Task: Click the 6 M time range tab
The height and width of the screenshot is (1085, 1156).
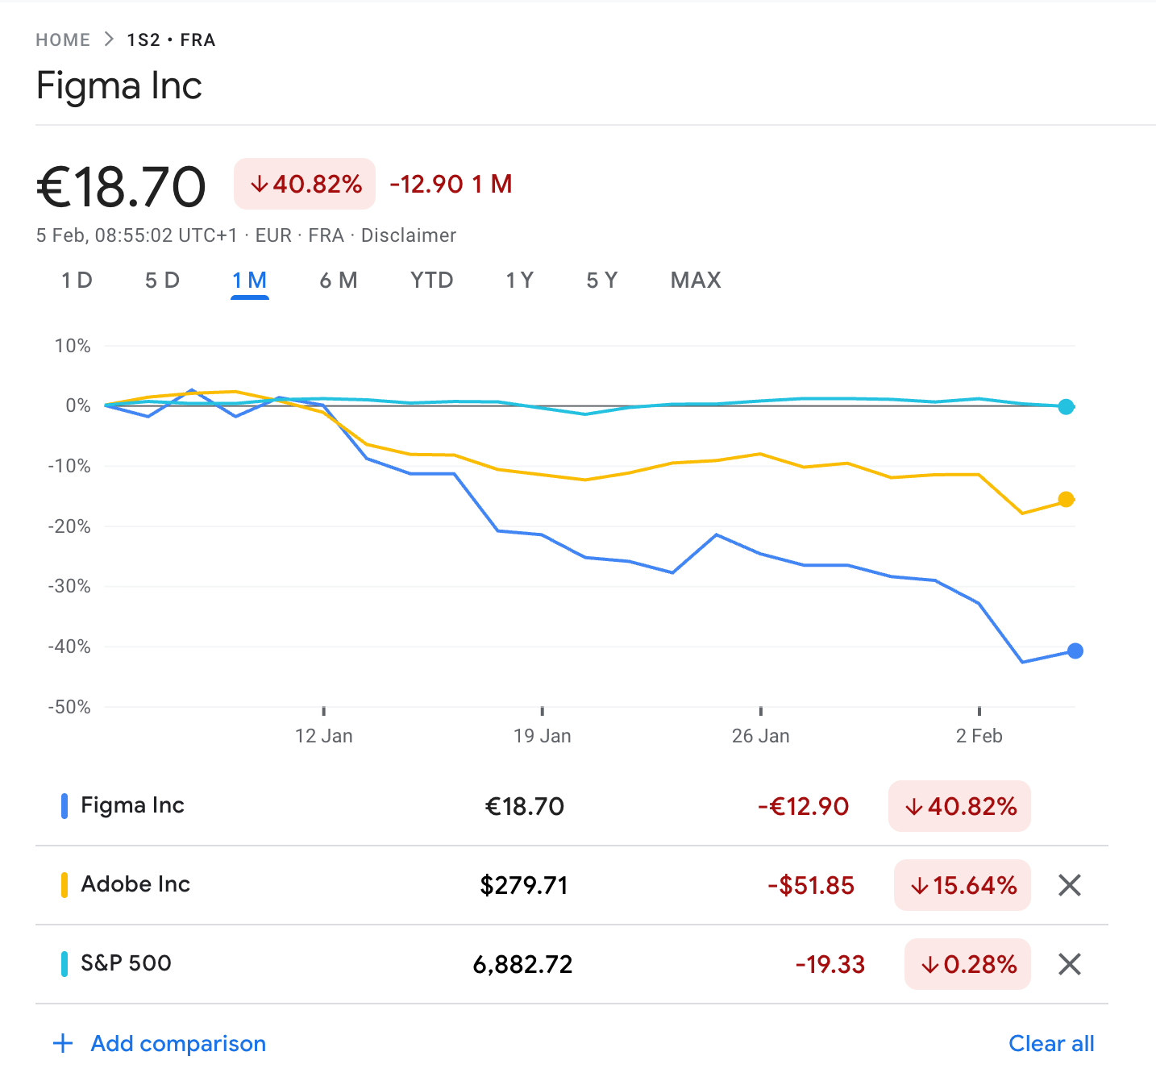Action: coord(338,281)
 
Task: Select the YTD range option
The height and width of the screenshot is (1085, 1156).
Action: coord(431,281)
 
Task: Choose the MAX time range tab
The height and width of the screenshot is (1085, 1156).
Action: coord(696,281)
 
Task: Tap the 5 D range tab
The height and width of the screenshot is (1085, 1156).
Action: coord(162,281)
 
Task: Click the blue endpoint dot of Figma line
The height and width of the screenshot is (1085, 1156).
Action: coord(1075,651)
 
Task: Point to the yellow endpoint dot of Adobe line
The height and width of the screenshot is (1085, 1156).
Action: coord(1066,500)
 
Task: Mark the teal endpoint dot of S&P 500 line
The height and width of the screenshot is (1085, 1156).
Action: coord(1066,407)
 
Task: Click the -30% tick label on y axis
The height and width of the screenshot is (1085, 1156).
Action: coord(69,586)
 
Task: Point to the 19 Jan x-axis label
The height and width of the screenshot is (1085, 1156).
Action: coord(542,736)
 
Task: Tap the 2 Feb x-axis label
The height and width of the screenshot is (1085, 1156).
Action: coord(979,736)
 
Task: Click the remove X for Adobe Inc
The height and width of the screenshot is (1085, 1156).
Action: coord(1069,885)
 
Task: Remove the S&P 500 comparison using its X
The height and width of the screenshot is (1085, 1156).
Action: coord(1069,964)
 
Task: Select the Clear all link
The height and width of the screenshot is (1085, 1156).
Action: coord(1051,1044)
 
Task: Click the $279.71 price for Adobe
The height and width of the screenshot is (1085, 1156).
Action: coord(524,885)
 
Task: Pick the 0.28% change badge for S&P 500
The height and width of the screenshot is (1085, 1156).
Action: coord(967,964)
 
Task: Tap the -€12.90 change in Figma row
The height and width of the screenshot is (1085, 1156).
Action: coord(803,806)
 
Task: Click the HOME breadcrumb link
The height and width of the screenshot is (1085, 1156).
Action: coord(63,40)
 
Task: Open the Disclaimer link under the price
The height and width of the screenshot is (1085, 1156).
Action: coord(408,235)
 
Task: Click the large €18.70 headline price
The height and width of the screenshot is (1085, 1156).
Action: coord(121,187)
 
